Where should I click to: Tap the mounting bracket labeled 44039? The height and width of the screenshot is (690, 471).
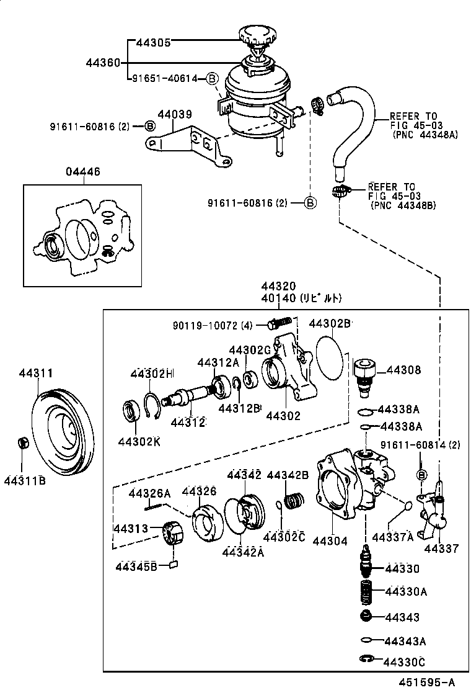click(186, 142)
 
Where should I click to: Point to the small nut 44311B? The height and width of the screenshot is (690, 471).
click(22, 444)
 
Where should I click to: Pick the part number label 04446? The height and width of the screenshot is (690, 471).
click(82, 172)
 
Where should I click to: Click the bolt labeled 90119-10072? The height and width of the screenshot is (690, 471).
click(280, 324)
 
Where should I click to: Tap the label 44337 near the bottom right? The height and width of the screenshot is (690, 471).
click(441, 548)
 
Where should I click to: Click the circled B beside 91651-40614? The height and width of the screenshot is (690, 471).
click(211, 78)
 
